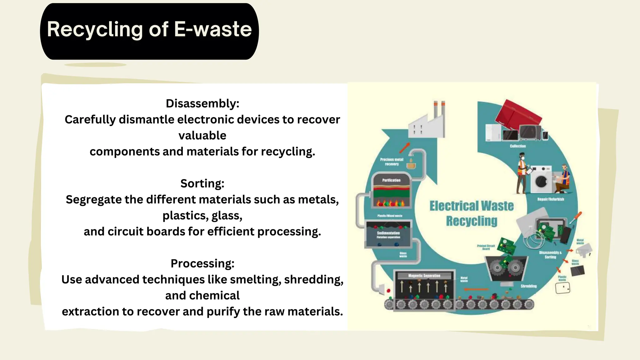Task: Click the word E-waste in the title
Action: click(212, 29)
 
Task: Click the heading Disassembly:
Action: click(202, 103)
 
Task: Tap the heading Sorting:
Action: click(202, 183)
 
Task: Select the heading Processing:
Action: click(202, 263)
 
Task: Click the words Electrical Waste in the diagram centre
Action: click(471, 206)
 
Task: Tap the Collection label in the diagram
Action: click(517, 146)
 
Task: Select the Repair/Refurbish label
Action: click(550, 199)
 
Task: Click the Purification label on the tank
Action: click(391, 180)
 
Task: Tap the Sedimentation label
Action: click(388, 233)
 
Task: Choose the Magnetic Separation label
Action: click(424, 276)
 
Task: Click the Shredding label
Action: click(528, 286)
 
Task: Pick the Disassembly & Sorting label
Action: click(550, 255)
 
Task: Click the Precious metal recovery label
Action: click(392, 162)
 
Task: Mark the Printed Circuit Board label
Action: click(486, 247)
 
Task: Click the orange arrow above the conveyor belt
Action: click(476, 289)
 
